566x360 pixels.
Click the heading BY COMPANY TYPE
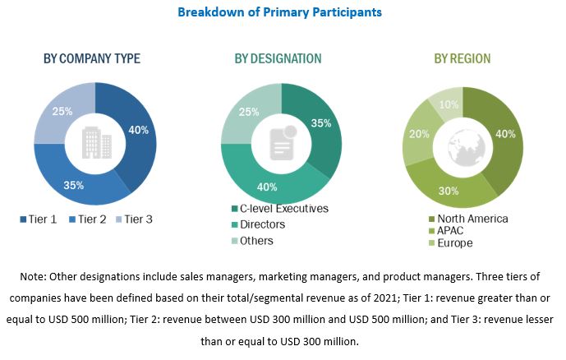92,58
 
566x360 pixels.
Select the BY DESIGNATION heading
278,58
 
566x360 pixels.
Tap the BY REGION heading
462,58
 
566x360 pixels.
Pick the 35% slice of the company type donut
74,183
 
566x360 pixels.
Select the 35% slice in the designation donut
321,123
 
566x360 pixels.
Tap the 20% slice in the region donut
418,133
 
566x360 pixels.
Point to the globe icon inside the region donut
463,145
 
